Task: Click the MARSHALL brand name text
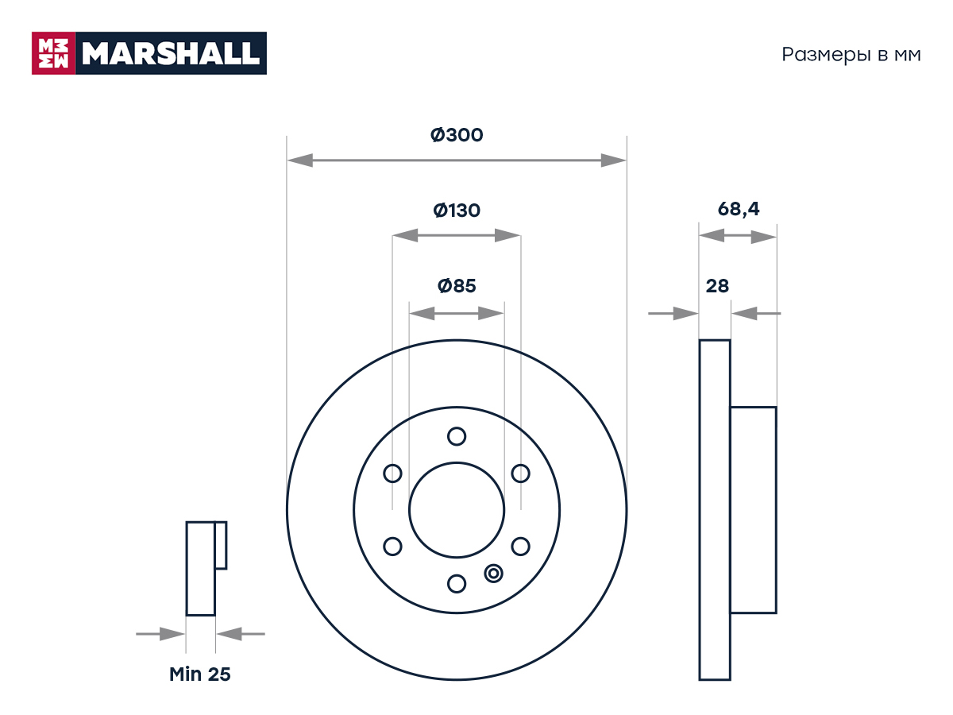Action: (x=171, y=53)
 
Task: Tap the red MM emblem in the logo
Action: (x=53, y=53)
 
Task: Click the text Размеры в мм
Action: (x=851, y=55)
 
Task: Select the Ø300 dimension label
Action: (x=457, y=135)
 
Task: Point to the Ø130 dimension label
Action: (x=457, y=211)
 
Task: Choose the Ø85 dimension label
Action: (x=457, y=286)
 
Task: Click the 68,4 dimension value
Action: (x=738, y=209)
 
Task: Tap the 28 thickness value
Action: (x=717, y=286)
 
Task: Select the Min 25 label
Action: (x=199, y=674)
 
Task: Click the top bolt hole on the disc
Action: (x=457, y=436)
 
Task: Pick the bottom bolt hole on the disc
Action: (x=457, y=584)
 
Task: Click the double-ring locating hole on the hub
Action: (x=494, y=574)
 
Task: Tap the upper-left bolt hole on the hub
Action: (x=392, y=473)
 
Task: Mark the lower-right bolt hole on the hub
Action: (x=520, y=547)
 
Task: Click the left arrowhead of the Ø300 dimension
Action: (x=300, y=160)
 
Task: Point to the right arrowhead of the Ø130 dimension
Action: (x=507, y=236)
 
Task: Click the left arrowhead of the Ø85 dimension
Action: (x=422, y=313)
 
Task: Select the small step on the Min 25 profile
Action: (x=221, y=545)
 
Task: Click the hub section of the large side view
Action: (x=754, y=510)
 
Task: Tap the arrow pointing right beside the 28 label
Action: (x=673, y=313)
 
